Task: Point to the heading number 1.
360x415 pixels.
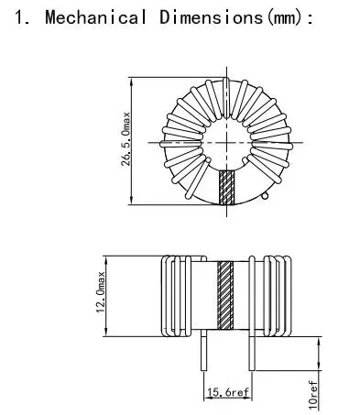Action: point(21,17)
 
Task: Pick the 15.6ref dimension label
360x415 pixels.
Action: point(225,392)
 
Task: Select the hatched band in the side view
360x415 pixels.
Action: point(226,295)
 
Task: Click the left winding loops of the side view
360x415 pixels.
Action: point(173,295)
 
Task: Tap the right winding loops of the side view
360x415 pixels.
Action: point(278,295)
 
